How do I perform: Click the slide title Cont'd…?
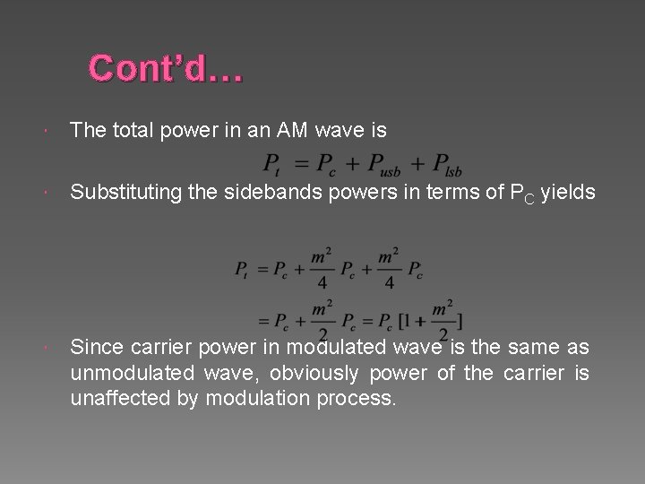166,69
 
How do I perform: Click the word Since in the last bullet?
96,347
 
